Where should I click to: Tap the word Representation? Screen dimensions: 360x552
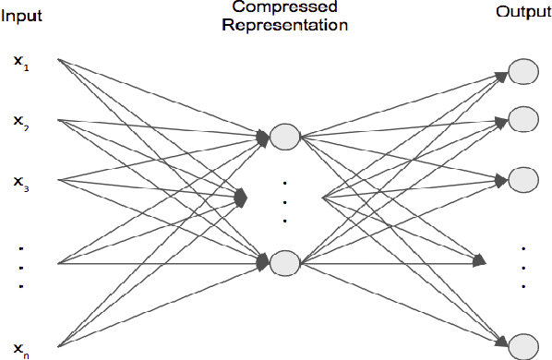point(284,26)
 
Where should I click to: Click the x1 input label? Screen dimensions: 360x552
point(20,62)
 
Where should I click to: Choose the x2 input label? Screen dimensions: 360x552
point(20,121)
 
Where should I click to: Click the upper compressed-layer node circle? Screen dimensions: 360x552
point(284,137)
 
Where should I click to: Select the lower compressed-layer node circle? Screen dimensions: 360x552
point(284,262)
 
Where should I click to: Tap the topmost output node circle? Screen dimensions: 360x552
point(523,72)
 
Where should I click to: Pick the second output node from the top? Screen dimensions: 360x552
point(523,119)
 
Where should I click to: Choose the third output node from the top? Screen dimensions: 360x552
point(523,177)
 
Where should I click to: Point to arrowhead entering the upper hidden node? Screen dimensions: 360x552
point(263,138)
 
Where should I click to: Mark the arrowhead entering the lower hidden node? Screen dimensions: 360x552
point(263,262)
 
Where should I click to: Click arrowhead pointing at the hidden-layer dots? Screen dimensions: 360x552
point(244,197)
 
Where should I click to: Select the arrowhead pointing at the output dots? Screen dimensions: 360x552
point(479,261)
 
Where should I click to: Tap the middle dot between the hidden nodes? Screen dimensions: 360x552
point(285,202)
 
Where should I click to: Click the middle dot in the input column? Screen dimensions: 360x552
point(20,268)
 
